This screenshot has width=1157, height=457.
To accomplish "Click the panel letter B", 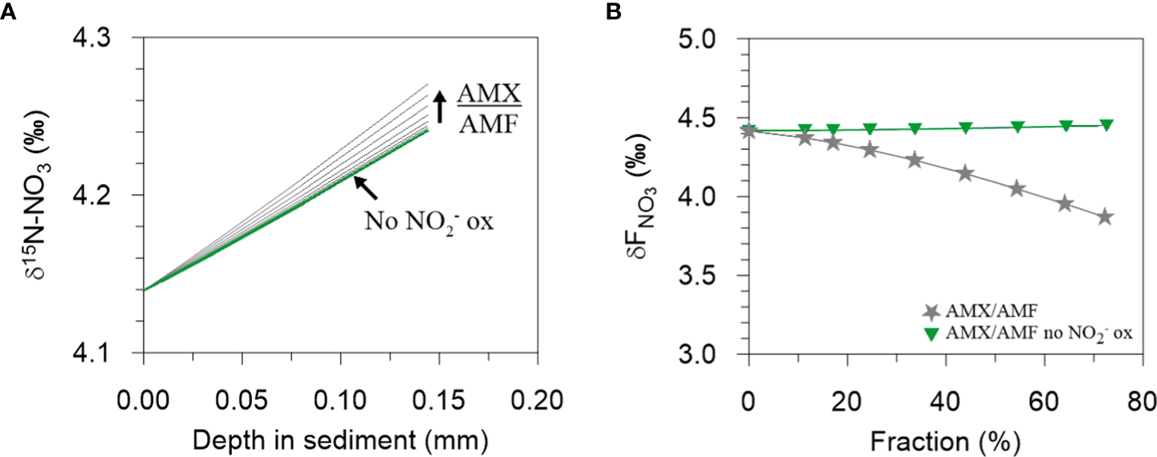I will pos(614,12).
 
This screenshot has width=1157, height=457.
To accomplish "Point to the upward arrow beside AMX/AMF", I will pos(439,107).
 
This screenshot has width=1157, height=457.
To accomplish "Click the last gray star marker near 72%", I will pos(1105,216).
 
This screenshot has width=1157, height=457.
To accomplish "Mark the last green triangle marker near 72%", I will pos(1106,124).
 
